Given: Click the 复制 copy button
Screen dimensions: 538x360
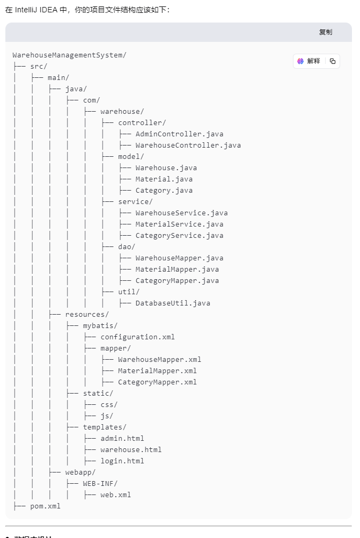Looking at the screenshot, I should pyautogui.click(x=325, y=32).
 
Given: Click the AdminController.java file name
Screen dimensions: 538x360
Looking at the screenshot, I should pyautogui.click(x=179, y=134).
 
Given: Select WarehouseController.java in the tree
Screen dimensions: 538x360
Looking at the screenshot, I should pyautogui.click(x=188, y=146).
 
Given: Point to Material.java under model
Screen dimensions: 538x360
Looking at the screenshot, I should pyautogui.click(x=164, y=179).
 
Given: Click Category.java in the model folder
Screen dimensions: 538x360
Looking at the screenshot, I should pyautogui.click(x=164, y=191).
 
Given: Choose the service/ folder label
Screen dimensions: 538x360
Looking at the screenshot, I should pyautogui.click(x=135, y=202).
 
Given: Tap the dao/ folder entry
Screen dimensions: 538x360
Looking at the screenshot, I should pyautogui.click(x=127, y=247).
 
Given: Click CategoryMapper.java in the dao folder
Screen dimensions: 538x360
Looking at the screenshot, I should pyautogui.click(x=177, y=281).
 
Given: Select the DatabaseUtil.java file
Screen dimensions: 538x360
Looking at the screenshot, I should pyautogui.click(x=173, y=303).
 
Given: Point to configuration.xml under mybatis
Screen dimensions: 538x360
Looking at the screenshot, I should pyautogui.click(x=137, y=337).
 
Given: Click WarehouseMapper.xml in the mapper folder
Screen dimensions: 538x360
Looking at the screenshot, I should pyautogui.click(x=159, y=360).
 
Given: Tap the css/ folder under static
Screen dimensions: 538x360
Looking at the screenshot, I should pyautogui.click(x=109, y=404).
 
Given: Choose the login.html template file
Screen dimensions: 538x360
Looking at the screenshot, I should pyautogui.click(x=122, y=461).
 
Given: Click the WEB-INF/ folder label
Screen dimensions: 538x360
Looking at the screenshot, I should pyautogui.click(x=100, y=483).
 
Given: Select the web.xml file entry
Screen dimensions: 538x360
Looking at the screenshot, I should pyautogui.click(x=115, y=495).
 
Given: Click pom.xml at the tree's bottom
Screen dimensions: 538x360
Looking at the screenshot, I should pyautogui.click(x=45, y=506).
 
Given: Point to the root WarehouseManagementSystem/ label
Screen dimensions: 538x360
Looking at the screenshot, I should pyautogui.click(x=69, y=55).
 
